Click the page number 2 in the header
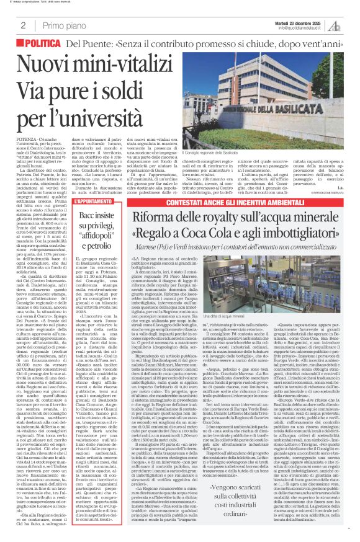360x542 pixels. click(22, 25)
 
